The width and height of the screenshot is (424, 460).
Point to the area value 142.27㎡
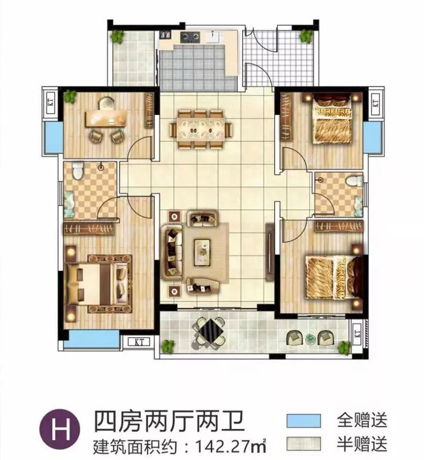tap(229, 446)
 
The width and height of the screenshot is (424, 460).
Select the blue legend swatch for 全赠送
tap(303, 421)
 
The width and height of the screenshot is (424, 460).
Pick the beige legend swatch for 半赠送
tap(303, 443)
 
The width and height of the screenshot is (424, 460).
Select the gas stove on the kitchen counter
tap(190, 37)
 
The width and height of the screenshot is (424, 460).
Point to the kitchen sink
tap(213, 37)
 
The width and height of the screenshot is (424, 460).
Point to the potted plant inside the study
tap(70, 97)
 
